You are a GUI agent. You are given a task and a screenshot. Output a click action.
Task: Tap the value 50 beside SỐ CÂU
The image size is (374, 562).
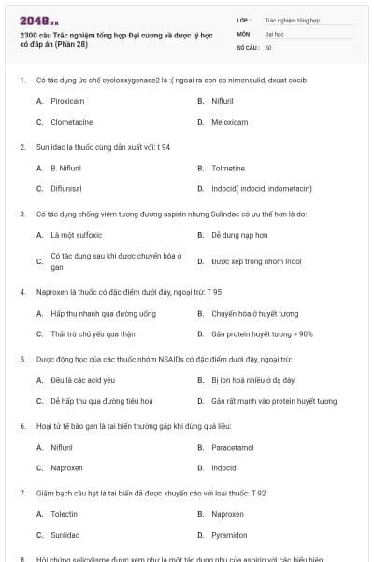click(268, 47)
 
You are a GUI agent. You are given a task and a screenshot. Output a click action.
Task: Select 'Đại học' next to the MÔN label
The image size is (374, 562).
click(274, 33)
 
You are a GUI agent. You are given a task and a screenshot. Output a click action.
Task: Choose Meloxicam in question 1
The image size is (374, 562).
click(229, 122)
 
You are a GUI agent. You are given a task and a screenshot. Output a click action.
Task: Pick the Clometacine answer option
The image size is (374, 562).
click(71, 122)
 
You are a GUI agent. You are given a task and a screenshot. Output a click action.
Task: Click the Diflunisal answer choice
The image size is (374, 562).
click(67, 188)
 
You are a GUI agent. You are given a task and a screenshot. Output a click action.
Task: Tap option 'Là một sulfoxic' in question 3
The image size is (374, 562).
click(77, 235)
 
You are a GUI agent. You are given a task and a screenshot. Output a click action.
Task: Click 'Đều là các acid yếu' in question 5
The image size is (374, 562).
click(82, 380)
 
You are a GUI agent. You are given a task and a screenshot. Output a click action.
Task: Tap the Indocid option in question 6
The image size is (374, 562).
click(223, 467)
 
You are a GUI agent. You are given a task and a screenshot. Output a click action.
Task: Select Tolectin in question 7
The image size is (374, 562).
click(64, 514)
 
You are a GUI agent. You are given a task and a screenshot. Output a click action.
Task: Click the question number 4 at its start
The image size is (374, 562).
click(22, 291)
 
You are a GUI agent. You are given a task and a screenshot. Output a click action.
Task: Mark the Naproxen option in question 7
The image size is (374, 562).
click(227, 514)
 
